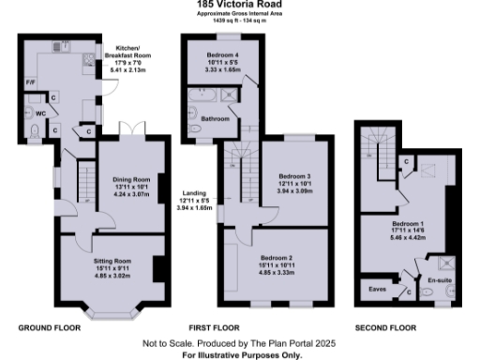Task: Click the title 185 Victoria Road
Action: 240,5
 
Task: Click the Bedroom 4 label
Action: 222,56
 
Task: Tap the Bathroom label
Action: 216,119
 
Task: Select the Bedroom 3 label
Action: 293,175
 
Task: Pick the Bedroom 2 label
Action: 277,256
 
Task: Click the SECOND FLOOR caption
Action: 384,328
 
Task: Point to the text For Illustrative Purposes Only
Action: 240,356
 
